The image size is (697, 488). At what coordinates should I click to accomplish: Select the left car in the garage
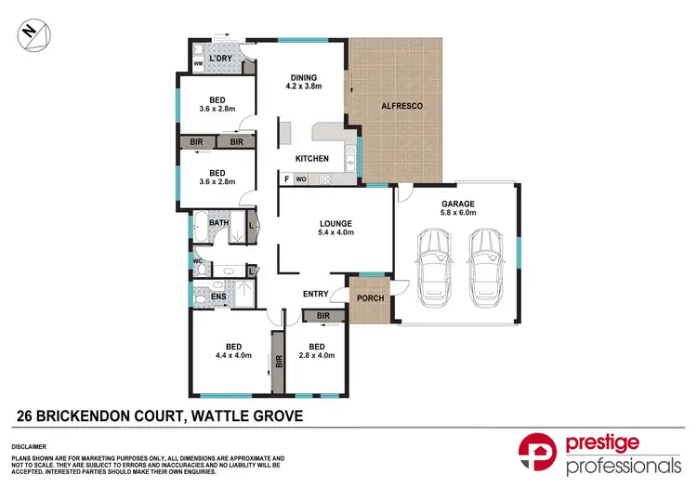(434, 270)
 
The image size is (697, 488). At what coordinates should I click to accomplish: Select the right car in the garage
(485, 270)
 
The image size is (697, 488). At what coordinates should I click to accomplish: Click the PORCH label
(371, 298)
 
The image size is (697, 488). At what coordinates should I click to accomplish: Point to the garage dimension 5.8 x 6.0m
(458, 213)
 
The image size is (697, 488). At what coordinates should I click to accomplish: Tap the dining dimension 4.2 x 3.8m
(304, 87)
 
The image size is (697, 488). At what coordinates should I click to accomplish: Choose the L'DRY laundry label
(220, 59)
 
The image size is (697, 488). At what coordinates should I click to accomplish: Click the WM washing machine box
(198, 64)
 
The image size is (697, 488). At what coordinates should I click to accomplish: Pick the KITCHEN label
(312, 159)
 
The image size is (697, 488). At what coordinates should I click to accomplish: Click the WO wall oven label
(301, 178)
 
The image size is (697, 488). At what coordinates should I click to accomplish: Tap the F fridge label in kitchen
(286, 178)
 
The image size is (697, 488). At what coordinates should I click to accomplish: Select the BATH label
(218, 223)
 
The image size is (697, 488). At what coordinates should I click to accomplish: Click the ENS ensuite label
(218, 297)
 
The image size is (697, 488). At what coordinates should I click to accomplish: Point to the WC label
(198, 262)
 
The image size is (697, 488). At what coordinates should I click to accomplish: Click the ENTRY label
(316, 295)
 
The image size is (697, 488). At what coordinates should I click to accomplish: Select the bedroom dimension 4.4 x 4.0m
(232, 355)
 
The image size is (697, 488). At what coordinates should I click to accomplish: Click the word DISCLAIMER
(29, 446)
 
